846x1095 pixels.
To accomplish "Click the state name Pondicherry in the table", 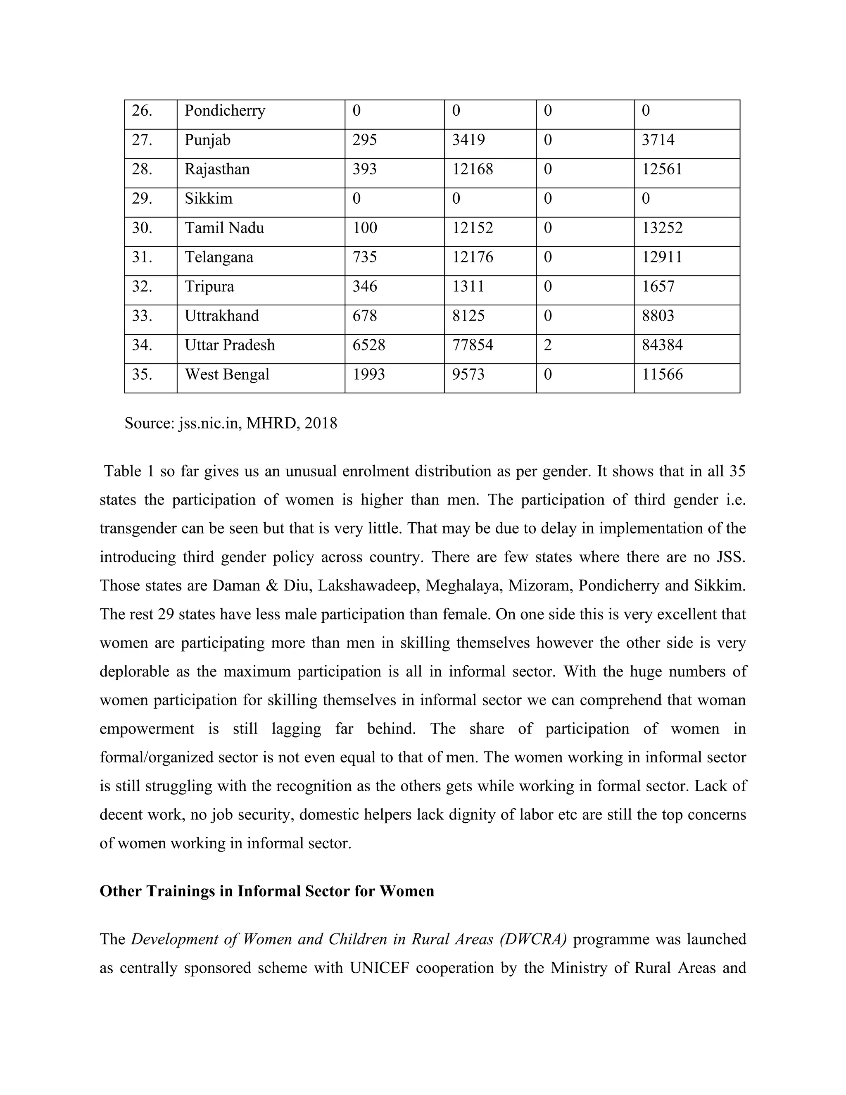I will pyautogui.click(x=225, y=111).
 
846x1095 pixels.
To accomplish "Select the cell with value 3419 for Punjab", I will pyautogui.click(x=468, y=140).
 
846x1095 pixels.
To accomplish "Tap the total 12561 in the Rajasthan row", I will pyautogui.click(x=662, y=169).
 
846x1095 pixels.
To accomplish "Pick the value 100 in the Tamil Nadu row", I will pyautogui.click(x=364, y=228).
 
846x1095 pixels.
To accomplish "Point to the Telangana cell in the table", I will pyautogui.click(x=219, y=257).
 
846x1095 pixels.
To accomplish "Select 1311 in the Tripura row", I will pyautogui.click(x=468, y=286).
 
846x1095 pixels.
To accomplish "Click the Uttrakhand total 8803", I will pyautogui.click(x=658, y=316).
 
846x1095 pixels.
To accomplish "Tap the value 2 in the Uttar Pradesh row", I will pyautogui.click(x=548, y=345).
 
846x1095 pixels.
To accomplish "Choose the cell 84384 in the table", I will pyautogui.click(x=662, y=345).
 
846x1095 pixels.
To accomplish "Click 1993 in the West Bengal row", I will pyautogui.click(x=368, y=374).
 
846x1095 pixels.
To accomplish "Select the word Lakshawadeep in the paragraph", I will pyautogui.click(x=368, y=586).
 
